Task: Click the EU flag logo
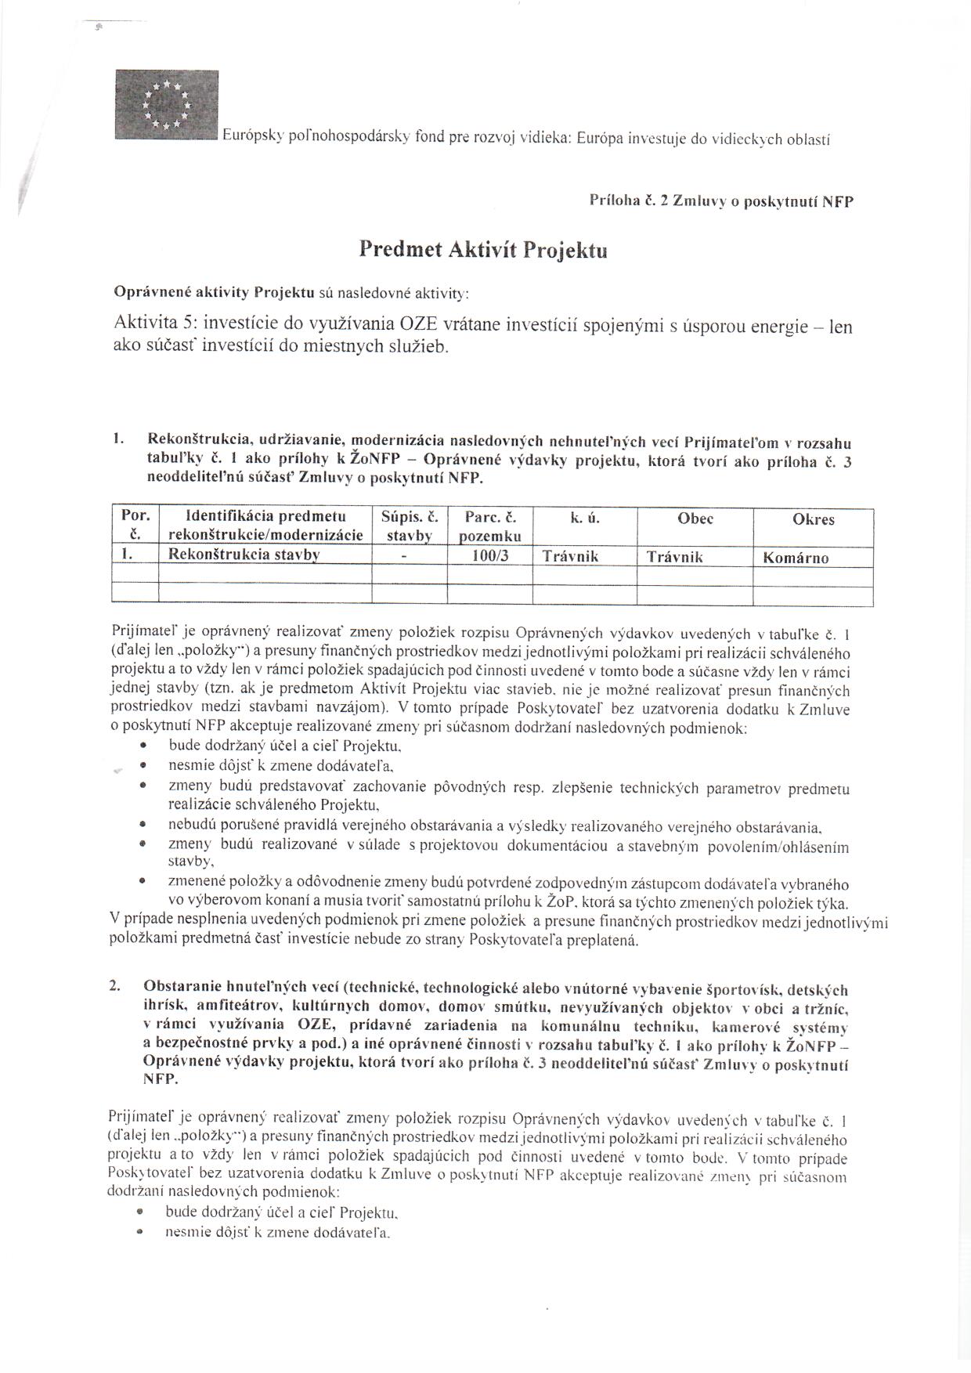click(x=166, y=104)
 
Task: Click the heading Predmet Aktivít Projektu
click(x=482, y=250)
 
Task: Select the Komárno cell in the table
click(x=795, y=558)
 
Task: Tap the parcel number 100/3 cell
click(x=489, y=557)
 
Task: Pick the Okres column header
click(x=813, y=519)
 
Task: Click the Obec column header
click(x=695, y=518)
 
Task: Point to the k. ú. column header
click(x=585, y=518)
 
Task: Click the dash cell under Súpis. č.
click(x=404, y=556)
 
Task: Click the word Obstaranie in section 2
click(x=179, y=990)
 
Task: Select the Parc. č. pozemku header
click(x=489, y=526)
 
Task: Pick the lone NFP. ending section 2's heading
click(x=161, y=1079)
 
